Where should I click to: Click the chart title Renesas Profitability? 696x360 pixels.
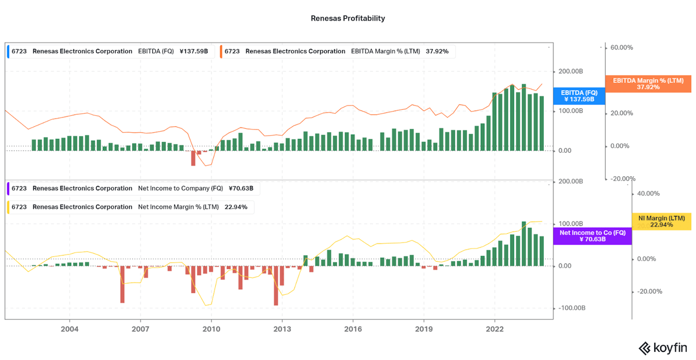(x=347, y=18)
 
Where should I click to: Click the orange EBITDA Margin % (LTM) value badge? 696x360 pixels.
(x=648, y=84)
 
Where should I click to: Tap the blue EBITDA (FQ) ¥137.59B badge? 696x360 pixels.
(x=579, y=96)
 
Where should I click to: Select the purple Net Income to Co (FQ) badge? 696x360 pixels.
(x=592, y=236)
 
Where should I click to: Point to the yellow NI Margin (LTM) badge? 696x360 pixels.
(x=661, y=221)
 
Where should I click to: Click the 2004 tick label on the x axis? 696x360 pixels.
(x=70, y=329)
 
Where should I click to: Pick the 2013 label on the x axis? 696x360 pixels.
(x=282, y=329)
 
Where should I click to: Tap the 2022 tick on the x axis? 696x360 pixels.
(x=494, y=329)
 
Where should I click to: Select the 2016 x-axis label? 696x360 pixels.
(x=353, y=329)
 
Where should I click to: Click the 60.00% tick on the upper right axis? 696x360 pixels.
(x=622, y=48)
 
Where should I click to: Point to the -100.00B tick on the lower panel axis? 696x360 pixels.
(x=570, y=308)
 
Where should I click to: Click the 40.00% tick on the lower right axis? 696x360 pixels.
(x=648, y=194)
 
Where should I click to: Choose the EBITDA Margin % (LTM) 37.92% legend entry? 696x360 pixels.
(x=337, y=52)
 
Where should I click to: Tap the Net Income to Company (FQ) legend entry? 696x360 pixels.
(x=133, y=189)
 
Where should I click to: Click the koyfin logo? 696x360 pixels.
(x=662, y=347)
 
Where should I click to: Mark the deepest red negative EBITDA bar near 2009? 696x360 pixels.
(x=193, y=158)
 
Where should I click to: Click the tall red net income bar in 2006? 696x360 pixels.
(x=122, y=284)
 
